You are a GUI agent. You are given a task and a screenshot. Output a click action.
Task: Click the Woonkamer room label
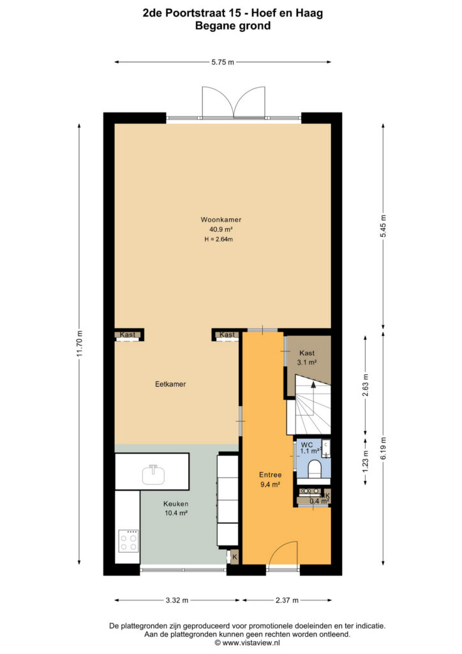[x=221, y=220]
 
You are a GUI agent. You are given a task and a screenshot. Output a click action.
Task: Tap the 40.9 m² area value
[x=221, y=229]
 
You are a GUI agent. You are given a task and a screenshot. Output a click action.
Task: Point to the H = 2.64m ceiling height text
[x=219, y=240]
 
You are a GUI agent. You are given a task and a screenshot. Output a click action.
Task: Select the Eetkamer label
[x=170, y=384]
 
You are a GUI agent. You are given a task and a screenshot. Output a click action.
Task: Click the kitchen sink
[x=153, y=475]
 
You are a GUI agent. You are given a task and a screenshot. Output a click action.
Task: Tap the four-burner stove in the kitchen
[x=128, y=541]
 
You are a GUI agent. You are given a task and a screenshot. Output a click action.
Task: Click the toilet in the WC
[x=314, y=468]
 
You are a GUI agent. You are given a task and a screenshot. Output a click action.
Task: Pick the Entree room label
[x=271, y=475]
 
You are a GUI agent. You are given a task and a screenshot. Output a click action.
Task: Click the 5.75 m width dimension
[x=223, y=62]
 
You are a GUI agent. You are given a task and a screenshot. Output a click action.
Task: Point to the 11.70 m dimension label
[x=80, y=343]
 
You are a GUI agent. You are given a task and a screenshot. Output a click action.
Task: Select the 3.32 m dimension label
[x=177, y=600]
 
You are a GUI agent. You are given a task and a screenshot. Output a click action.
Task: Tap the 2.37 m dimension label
[x=287, y=600]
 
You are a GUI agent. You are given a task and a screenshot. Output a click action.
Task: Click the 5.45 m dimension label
[x=384, y=226]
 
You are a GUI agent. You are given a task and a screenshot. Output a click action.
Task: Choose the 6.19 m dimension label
[x=384, y=448]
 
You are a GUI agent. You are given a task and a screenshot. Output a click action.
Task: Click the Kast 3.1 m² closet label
[x=307, y=358]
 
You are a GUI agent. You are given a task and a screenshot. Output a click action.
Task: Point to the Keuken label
[x=175, y=504]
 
